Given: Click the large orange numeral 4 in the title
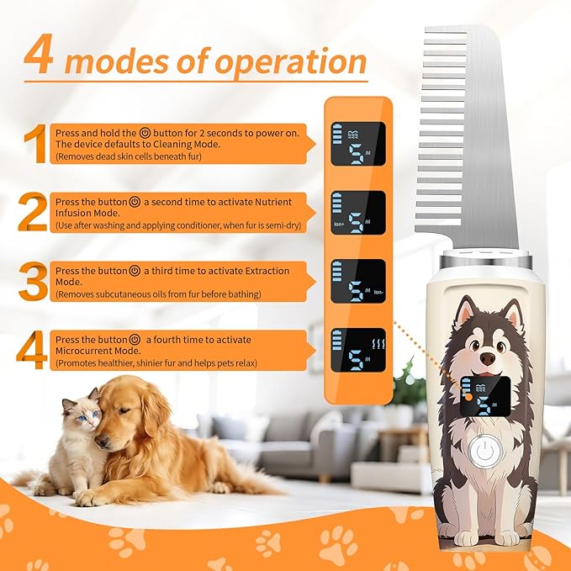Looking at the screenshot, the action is pos(38,54).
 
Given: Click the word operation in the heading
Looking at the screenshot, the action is pos(290,62).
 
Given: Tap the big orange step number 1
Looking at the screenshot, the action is pos(36,144).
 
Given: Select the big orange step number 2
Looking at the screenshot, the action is pos(33,212).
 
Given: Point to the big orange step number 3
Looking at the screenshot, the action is pos(33,281).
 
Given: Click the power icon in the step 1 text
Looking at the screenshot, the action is pos(145,133).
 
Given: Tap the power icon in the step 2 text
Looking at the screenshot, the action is pos(135,202).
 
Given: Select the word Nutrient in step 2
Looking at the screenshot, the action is pos(273,202).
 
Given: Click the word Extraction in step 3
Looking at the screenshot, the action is pos(267,271).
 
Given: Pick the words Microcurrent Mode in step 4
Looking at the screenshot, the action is pos(98,351).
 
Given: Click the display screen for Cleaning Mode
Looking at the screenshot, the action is pos(358,144).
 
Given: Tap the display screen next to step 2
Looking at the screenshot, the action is pos(358,213).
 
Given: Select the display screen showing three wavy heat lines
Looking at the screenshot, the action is pos(358,350).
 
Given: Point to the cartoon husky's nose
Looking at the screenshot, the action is pos(488,358).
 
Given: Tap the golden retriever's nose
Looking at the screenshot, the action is pos(101,442).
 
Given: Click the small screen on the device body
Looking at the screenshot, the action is pos(484,396).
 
